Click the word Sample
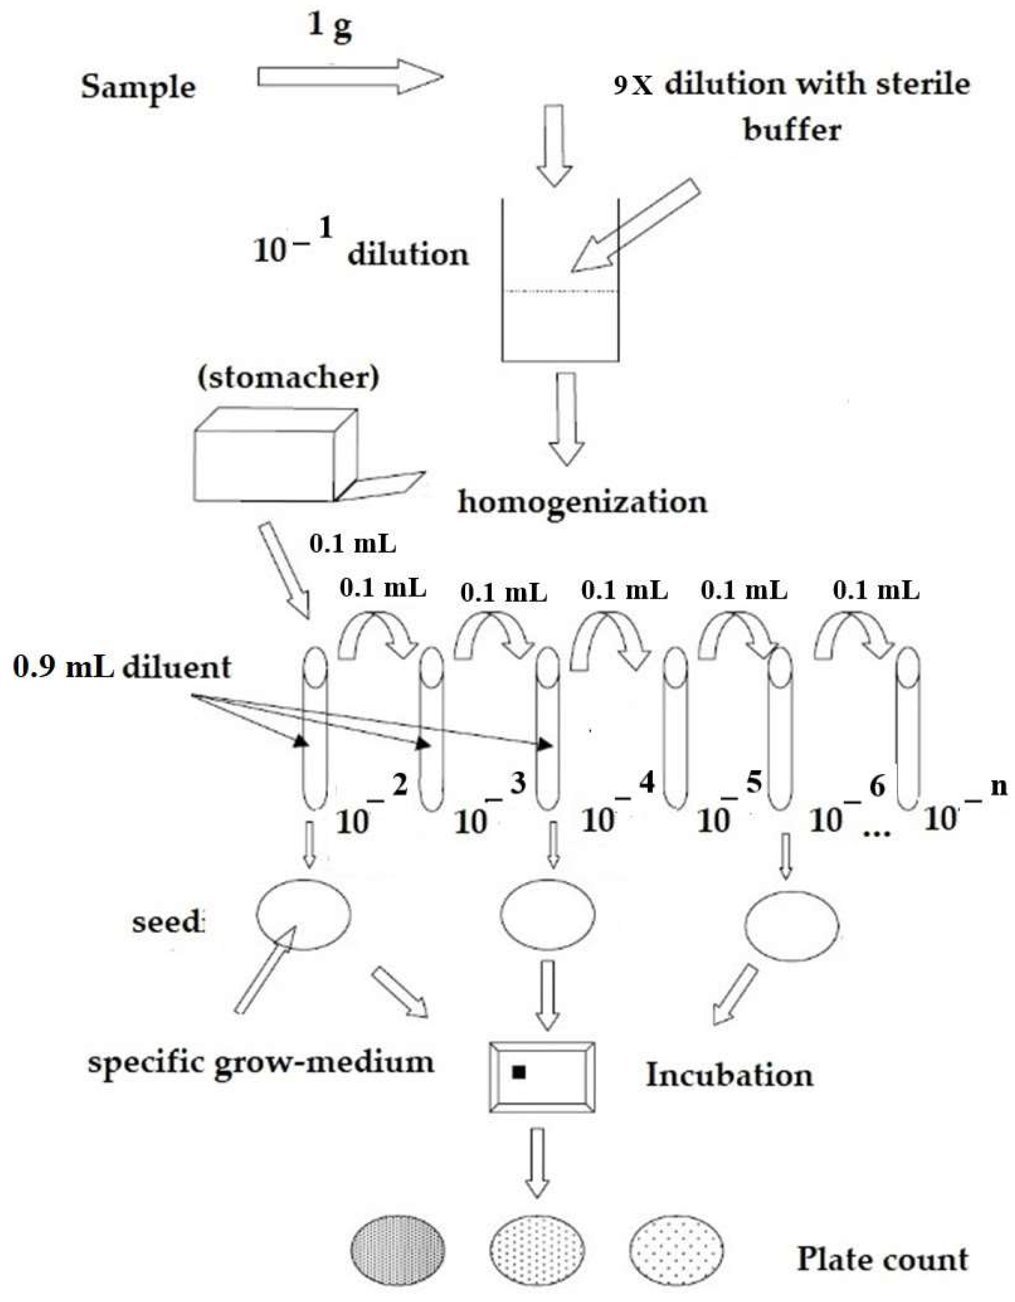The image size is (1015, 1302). click(138, 88)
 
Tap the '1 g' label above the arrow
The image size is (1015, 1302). click(330, 27)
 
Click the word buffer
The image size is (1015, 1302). click(792, 129)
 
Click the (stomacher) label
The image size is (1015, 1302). click(288, 378)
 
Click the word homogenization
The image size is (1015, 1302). click(582, 501)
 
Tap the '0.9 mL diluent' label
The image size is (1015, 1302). click(122, 667)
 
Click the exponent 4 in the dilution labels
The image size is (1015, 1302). click(647, 781)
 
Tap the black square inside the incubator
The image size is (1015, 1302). click(519, 1072)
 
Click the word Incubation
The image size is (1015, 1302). click(729, 1075)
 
